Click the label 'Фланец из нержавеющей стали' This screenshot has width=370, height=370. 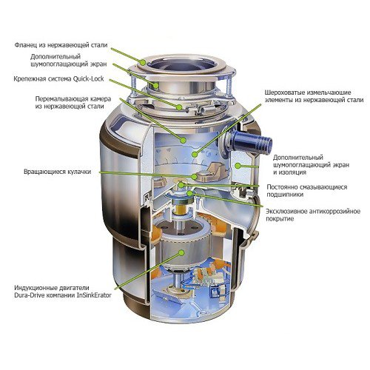[x=61, y=45]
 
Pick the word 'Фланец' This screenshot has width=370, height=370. [x=29, y=45]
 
